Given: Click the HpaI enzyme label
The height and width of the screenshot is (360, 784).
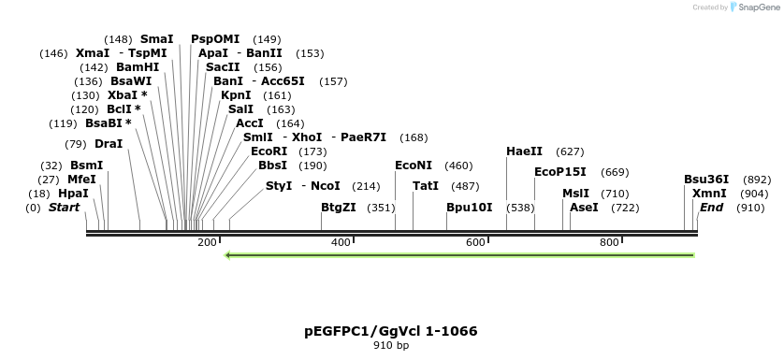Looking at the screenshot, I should (x=73, y=194).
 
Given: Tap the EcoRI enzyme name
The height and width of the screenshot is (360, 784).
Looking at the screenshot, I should (x=269, y=151).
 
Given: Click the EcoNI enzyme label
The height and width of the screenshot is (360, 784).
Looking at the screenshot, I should (x=414, y=166).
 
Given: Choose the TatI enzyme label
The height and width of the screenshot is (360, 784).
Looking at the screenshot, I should (x=426, y=186).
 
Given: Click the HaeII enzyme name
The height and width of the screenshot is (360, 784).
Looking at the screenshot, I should (x=524, y=151).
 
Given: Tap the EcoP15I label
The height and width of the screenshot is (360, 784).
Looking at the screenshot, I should (x=560, y=172).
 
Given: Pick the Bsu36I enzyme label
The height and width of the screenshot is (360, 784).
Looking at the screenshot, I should (x=706, y=180).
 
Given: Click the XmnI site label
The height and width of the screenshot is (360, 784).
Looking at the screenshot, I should (x=709, y=194).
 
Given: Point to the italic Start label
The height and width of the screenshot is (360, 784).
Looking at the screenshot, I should (x=65, y=208).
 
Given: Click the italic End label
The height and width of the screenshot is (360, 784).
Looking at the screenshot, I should (x=712, y=208).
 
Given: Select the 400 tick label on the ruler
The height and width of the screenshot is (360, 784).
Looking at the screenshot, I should (x=341, y=243).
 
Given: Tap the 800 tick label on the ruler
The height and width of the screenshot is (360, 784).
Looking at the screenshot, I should (x=609, y=243).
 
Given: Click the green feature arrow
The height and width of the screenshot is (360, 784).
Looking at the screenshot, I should (x=458, y=254).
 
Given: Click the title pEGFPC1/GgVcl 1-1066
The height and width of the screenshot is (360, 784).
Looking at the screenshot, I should (x=391, y=331).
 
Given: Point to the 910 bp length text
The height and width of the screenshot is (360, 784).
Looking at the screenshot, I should (x=391, y=346).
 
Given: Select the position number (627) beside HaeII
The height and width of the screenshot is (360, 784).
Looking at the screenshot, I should (x=570, y=151).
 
